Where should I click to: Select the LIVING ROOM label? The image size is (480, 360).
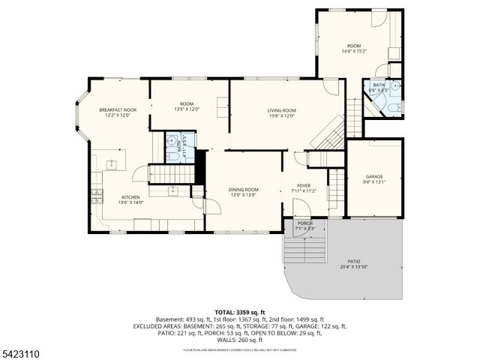point(281,110)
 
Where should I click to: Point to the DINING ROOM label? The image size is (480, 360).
point(243,190)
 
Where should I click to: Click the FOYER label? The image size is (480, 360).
point(304,185)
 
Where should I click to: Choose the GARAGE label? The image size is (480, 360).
point(373,176)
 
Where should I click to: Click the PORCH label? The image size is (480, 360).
point(305,223)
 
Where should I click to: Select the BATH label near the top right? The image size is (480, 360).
point(379,85)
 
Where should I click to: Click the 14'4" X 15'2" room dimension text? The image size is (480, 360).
point(354,52)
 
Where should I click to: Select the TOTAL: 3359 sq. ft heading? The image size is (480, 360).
point(239,312)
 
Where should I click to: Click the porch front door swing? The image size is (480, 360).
point(298,230)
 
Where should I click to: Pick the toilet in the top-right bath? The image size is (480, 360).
point(391,109)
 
